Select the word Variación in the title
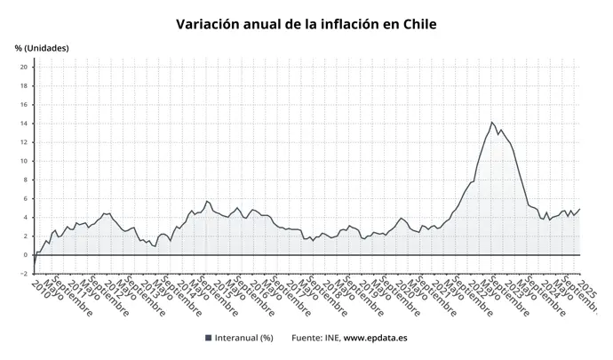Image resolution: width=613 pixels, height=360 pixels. click(x=211, y=24)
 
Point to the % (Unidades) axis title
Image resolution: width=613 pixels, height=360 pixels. click(x=42, y=48)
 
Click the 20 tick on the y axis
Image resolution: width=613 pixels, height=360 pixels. click(x=24, y=67)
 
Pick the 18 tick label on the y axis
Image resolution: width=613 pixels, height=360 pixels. click(x=24, y=85)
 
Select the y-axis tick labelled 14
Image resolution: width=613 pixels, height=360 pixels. click(x=24, y=124)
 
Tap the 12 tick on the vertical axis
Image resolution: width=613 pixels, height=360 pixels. click(x=24, y=142)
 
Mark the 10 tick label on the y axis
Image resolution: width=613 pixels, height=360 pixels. click(x=24, y=161)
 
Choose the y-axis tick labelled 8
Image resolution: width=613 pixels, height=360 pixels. click(x=26, y=180)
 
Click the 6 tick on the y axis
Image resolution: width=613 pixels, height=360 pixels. click(x=26, y=198)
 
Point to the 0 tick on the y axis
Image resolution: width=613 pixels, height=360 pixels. click(x=26, y=255)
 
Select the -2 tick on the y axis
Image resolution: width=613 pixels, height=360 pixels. click(x=24, y=274)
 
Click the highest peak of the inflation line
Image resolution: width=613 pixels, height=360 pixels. click(x=491, y=122)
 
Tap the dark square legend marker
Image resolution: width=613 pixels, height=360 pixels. click(x=208, y=338)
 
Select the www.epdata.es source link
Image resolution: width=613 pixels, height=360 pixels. click(x=376, y=338)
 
